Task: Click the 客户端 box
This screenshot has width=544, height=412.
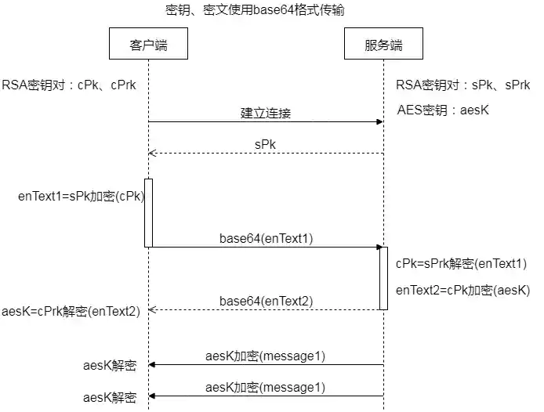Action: point(148,45)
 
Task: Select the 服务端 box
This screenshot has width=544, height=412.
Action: point(383,45)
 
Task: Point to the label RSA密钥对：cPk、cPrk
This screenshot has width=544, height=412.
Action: point(69,85)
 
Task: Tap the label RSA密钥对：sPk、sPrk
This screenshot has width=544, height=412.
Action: point(462,85)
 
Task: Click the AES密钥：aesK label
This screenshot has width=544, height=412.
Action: point(443,110)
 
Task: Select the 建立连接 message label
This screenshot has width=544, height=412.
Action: point(265,113)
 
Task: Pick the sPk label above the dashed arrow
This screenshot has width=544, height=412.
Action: point(265,144)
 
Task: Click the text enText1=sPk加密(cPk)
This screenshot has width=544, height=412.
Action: point(81,197)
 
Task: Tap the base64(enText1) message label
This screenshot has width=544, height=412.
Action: point(266,238)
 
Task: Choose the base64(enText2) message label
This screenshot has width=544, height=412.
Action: point(266,301)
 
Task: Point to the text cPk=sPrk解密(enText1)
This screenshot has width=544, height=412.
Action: point(461,264)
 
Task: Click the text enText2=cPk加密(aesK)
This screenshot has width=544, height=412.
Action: point(462,290)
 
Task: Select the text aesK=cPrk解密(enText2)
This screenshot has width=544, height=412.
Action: point(71,312)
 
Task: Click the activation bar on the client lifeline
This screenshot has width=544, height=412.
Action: point(148,212)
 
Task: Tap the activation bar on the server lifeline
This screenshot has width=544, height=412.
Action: point(383,278)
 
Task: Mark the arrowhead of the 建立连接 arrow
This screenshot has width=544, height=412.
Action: point(379,121)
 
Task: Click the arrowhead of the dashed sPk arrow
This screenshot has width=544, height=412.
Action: point(152,154)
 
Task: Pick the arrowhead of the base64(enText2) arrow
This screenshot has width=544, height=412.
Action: point(152,310)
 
